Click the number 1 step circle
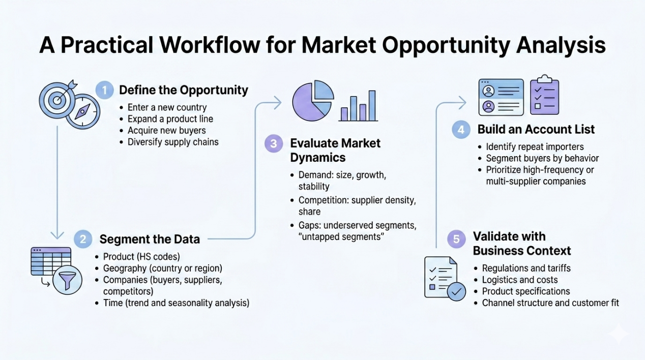(x=104, y=90)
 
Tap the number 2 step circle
(x=83, y=239)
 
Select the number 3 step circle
(x=274, y=143)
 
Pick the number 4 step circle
(x=461, y=130)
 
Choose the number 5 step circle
(x=456, y=239)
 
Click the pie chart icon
(x=313, y=101)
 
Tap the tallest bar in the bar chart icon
(x=372, y=106)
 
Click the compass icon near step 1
(x=83, y=111)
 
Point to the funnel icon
(x=67, y=280)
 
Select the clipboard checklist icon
(x=544, y=95)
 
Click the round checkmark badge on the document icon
(x=456, y=291)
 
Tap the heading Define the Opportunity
(x=184, y=90)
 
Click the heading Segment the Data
(x=150, y=239)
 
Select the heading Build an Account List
(x=536, y=130)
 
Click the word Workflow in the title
(x=210, y=45)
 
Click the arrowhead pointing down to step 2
(x=57, y=235)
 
